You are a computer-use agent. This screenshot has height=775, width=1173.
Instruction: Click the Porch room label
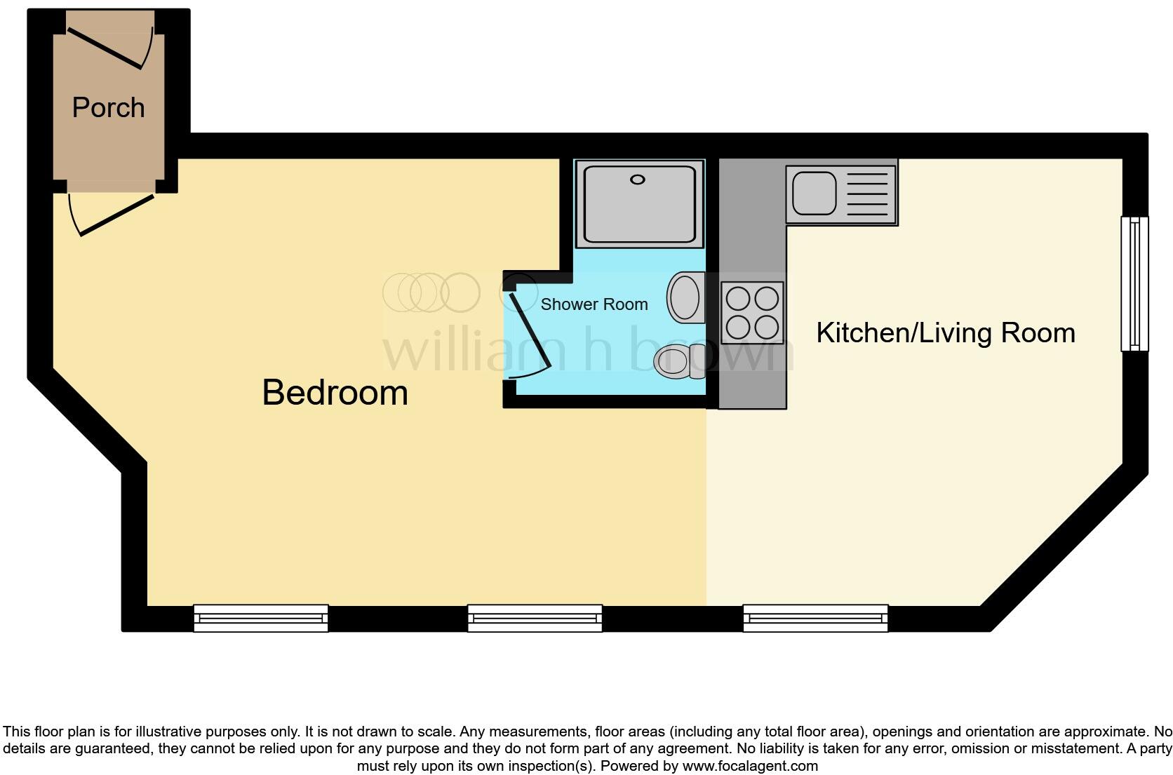pyautogui.click(x=109, y=108)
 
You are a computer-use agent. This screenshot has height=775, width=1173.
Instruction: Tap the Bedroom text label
pyautogui.click(x=335, y=392)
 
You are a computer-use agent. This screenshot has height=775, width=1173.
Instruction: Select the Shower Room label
pyautogui.click(x=594, y=304)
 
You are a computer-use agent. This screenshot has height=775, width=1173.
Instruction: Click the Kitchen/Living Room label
pyautogui.click(x=945, y=332)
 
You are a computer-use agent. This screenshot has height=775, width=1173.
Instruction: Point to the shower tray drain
pyautogui.click(x=637, y=180)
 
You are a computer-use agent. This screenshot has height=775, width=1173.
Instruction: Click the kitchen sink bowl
pyautogui.click(x=814, y=191)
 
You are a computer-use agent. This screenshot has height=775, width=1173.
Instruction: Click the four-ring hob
pyautogui.click(x=752, y=313)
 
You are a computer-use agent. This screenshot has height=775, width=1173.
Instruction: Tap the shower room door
pyautogui.click(x=530, y=333)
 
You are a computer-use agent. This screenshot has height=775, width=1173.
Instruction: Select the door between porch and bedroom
pyautogui.click(x=116, y=214)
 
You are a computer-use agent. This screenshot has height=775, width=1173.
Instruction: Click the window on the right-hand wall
pyautogui.click(x=1134, y=283)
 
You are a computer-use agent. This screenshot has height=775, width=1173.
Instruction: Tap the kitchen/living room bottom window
pyautogui.click(x=815, y=618)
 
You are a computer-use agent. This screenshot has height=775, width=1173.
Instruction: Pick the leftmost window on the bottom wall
pyautogui.click(x=260, y=618)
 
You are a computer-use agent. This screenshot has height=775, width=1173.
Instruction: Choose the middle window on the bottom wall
pyautogui.click(x=535, y=618)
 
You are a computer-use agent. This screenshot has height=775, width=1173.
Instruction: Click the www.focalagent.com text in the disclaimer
pyautogui.click(x=750, y=766)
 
